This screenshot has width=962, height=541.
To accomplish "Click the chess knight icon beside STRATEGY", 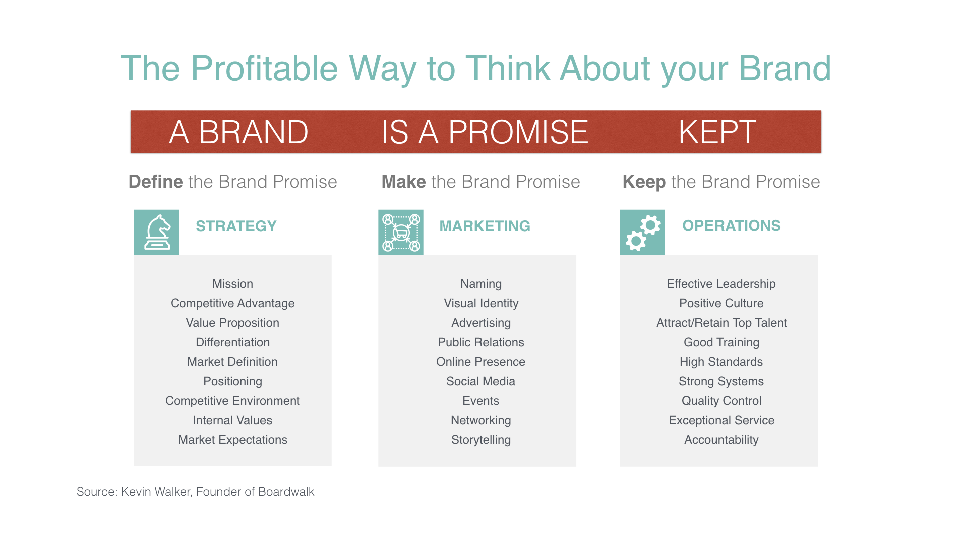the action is click(156, 232).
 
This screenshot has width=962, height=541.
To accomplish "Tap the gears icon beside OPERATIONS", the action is click(642, 232).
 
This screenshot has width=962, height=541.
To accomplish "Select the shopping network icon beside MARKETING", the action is click(401, 232).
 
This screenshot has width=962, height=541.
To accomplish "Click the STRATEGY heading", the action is click(236, 226).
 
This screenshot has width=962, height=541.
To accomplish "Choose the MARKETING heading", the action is click(485, 226).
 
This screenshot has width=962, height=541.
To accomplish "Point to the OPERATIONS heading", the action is click(732, 226).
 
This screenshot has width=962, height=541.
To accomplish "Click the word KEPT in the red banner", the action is click(717, 132).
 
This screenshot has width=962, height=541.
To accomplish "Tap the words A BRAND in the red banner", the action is click(238, 132).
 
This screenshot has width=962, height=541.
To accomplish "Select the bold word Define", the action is click(156, 182).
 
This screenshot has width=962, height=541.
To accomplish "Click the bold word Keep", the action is click(644, 182).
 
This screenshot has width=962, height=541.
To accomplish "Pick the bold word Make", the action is click(404, 182).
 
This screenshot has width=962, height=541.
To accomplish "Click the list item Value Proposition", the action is click(232, 323).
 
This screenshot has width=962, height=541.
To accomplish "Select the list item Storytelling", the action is click(481, 440).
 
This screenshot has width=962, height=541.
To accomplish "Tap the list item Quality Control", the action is click(722, 401).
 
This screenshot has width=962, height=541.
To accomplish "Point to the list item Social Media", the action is click(481, 381).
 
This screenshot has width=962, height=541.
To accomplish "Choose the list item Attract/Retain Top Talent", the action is click(722, 323).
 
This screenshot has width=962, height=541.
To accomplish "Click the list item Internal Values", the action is click(232, 420).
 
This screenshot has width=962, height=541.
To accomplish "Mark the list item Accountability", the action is click(722, 440).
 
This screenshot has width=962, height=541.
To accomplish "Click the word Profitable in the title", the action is click(265, 68).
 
